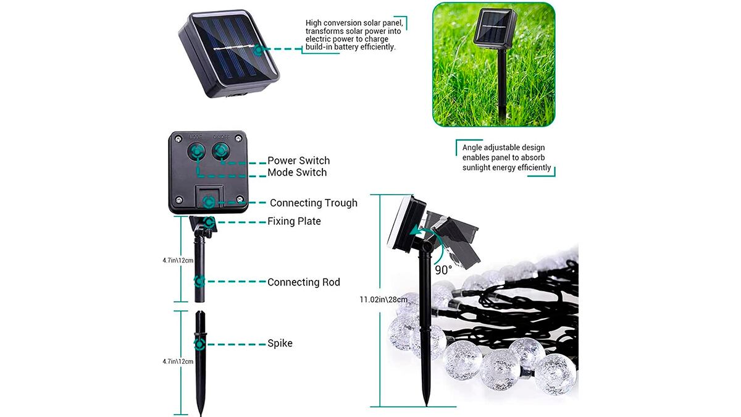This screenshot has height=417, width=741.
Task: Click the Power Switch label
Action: click(298, 161)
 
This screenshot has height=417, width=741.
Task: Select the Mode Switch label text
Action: click(297, 172)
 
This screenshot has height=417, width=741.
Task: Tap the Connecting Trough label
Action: click(314, 203)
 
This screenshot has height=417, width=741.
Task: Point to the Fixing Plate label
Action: click(294, 221)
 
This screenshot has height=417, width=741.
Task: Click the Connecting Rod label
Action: click(304, 282)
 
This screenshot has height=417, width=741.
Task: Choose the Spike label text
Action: click(280, 343)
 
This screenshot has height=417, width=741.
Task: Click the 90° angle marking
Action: click(443, 270)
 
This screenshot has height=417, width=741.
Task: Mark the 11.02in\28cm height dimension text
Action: click(383, 300)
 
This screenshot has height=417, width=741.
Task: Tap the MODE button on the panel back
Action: click(196, 151)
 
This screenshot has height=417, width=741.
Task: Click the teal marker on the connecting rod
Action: click(199, 281)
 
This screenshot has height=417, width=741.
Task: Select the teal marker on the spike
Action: click(199, 344)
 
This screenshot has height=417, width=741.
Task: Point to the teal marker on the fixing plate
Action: click(209, 222)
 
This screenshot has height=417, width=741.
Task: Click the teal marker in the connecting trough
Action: click(208, 202)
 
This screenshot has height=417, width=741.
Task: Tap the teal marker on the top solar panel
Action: click(258, 50)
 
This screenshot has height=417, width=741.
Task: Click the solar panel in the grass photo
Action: click(495, 27)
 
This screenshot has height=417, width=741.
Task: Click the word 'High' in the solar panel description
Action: click(313, 23)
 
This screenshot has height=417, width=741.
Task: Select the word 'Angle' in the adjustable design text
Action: click(472, 148)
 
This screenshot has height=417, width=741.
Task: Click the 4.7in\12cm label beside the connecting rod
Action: click(178, 261)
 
